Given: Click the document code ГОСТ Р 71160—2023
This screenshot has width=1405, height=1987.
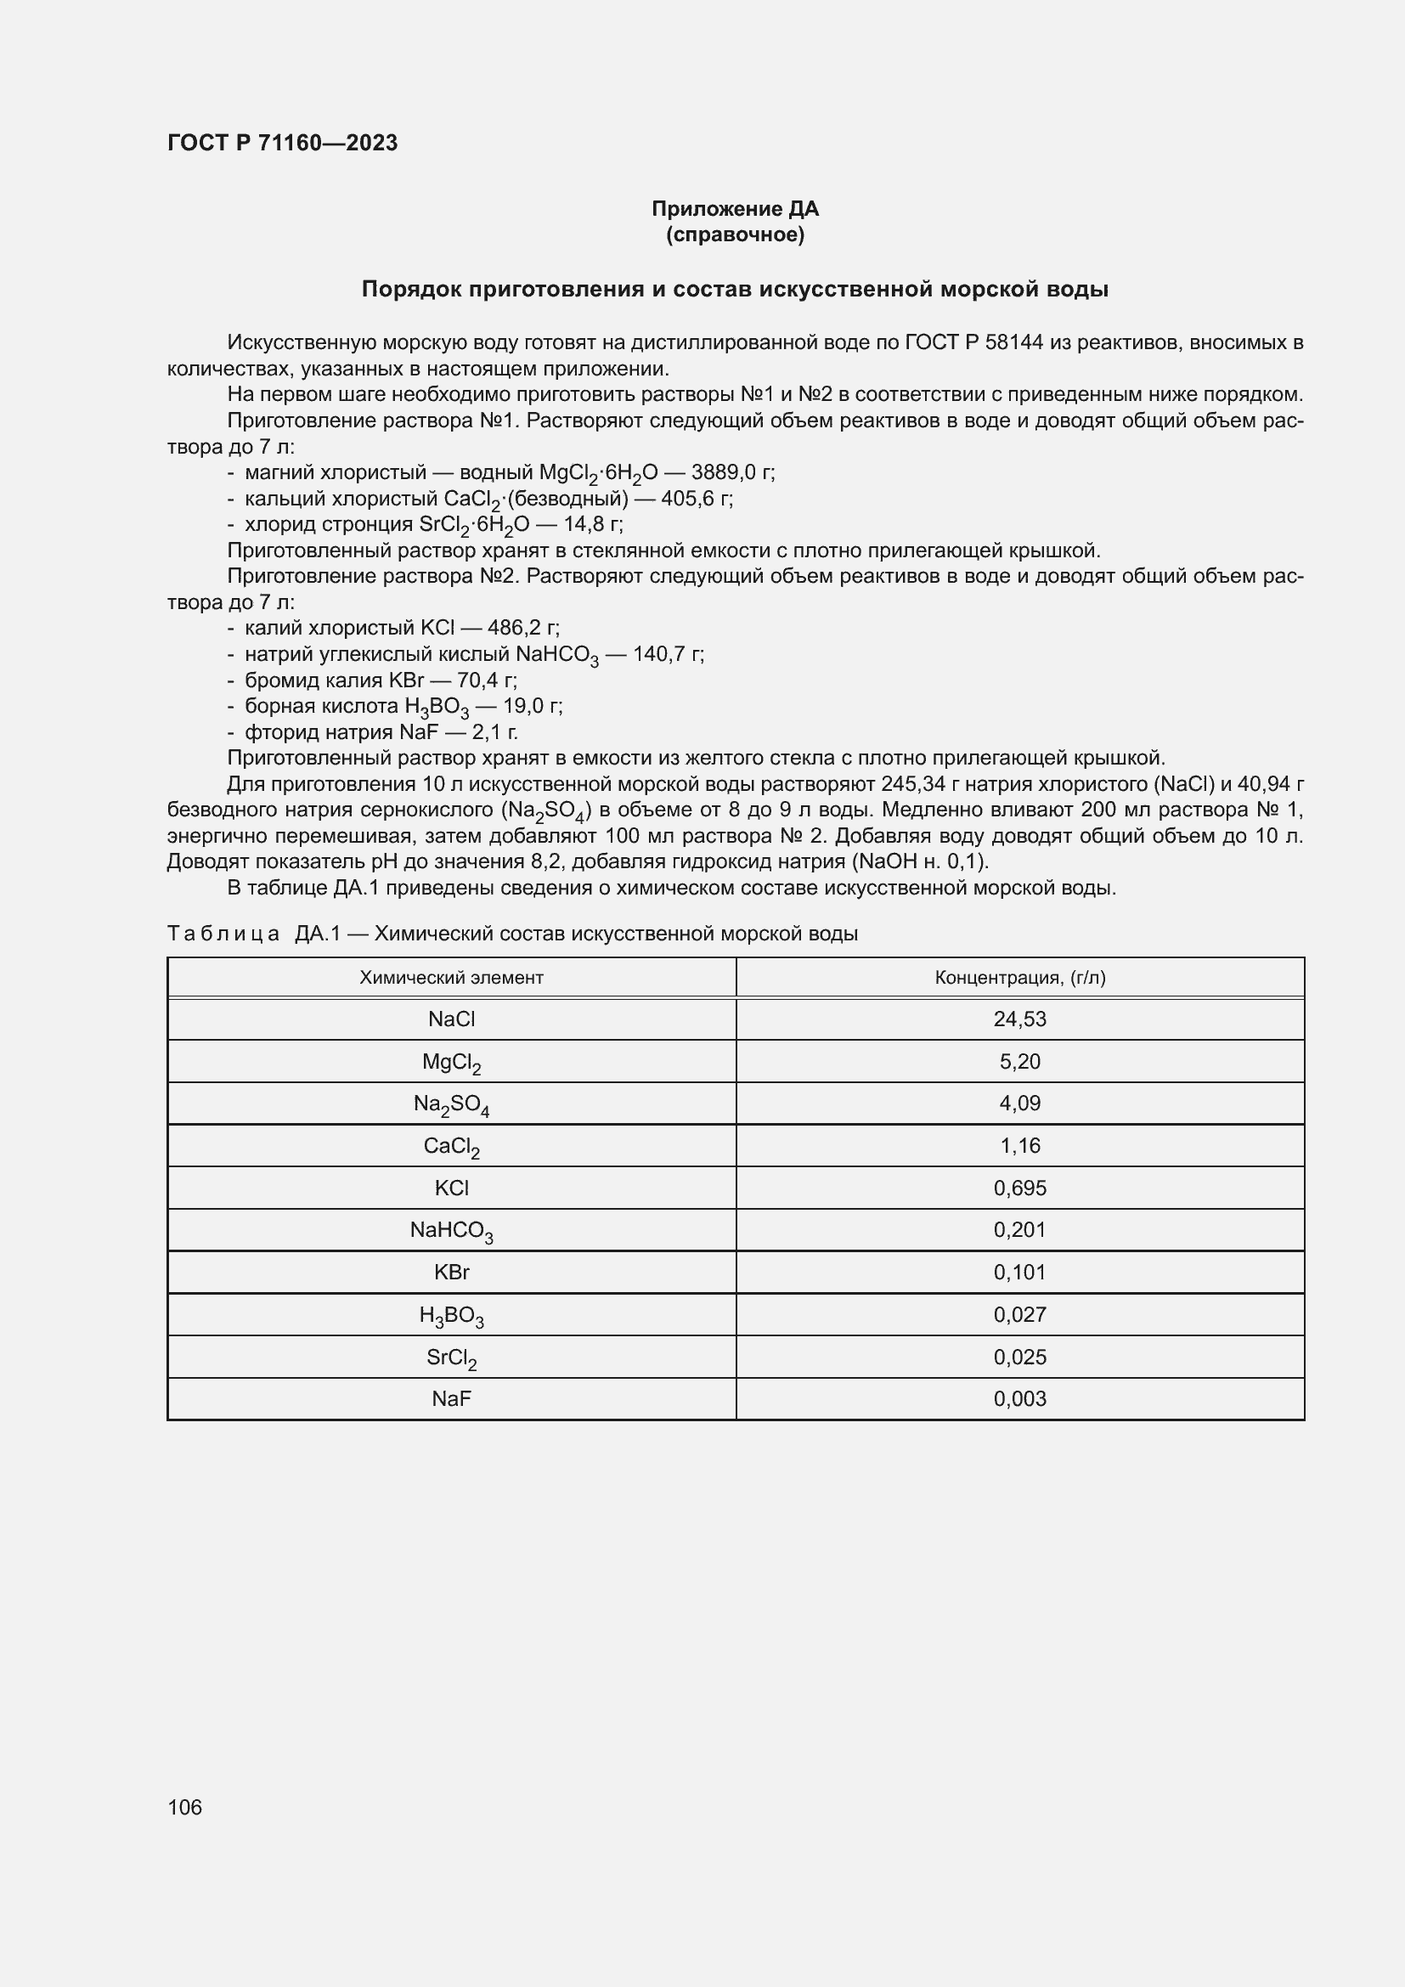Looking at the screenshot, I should tap(282, 143).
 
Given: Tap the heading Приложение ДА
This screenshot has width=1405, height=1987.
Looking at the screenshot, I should tap(735, 209).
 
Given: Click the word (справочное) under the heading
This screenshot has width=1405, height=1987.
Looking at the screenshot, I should tap(735, 234).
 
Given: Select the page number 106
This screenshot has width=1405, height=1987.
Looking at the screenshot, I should tap(184, 1807).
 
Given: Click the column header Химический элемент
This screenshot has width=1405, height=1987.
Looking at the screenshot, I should tap(451, 978).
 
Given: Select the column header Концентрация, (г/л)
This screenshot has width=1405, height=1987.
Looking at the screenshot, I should tap(1019, 978).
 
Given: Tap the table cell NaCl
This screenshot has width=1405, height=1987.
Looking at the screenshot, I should tap(451, 1019).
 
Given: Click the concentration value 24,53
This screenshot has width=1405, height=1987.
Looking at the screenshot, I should tap(1019, 1019).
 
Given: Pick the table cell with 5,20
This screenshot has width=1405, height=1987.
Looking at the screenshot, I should tap(1019, 1062).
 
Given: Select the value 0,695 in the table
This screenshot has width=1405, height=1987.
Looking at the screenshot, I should tap(1019, 1188).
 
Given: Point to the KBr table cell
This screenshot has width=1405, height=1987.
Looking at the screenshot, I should tap(451, 1273).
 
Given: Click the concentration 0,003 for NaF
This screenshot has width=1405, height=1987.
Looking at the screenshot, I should tap(1019, 1399).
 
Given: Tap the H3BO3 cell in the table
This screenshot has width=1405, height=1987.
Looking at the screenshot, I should tap(451, 1315).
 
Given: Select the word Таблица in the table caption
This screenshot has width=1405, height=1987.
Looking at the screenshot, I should tap(223, 934).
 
